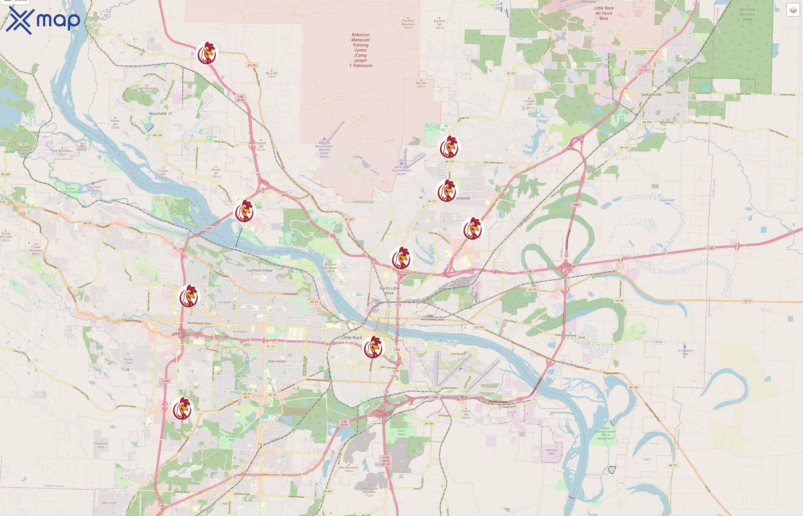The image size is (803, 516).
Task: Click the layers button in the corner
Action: coord(793,10)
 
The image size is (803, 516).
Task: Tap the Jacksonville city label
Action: coord(651,95)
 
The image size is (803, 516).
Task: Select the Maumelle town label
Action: coord(158,114)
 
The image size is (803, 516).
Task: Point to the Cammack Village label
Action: coord(260,270)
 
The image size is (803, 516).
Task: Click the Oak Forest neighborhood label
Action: coord(277,361)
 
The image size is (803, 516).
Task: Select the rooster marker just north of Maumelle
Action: coord(207,53)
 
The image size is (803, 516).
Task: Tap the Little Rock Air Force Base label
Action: coord(604,13)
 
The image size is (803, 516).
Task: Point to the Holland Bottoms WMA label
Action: coord(747,14)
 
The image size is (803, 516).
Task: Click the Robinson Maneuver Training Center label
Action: coord(360,50)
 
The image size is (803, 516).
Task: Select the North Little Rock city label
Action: coord(389,290)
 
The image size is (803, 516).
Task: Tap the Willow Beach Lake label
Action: coord(632,401)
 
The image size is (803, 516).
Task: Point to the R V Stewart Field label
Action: coord(685,352)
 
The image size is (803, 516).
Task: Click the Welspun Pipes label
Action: coord(552,452)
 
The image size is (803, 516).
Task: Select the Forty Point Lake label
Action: coord(667,202)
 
